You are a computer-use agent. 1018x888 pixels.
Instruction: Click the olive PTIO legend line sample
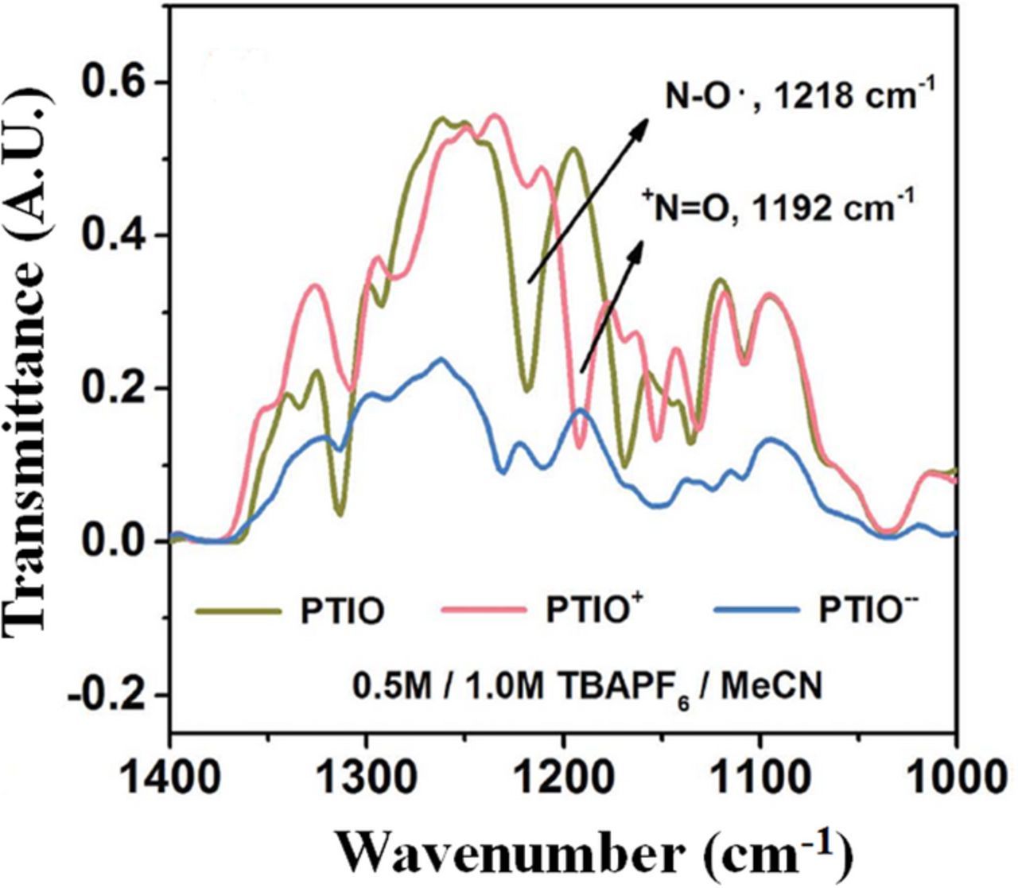tap(238, 611)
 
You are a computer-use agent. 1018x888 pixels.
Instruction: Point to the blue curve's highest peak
tap(441, 359)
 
